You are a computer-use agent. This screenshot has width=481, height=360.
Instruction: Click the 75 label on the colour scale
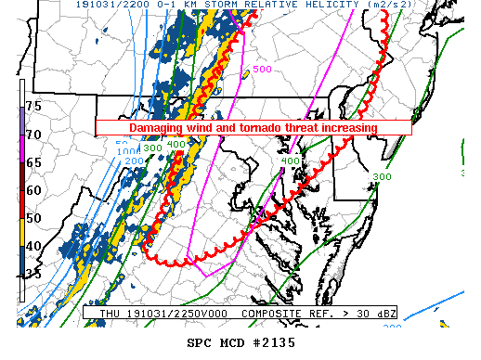point(33,107)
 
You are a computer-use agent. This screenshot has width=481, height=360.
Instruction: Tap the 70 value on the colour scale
point(33,135)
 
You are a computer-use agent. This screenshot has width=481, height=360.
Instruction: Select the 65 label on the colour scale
point(33,162)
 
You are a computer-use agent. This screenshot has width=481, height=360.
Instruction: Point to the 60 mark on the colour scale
point(33,190)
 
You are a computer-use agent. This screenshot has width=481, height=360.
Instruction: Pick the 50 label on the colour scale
point(33,217)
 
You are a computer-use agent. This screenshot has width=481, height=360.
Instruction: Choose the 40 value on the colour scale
point(33,245)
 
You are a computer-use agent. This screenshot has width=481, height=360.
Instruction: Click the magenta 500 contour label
point(262,69)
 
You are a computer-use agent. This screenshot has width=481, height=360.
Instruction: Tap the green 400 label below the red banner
point(290,161)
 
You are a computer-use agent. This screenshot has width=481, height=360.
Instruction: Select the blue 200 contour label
point(135,161)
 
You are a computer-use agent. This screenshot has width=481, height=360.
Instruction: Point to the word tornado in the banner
point(266,127)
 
